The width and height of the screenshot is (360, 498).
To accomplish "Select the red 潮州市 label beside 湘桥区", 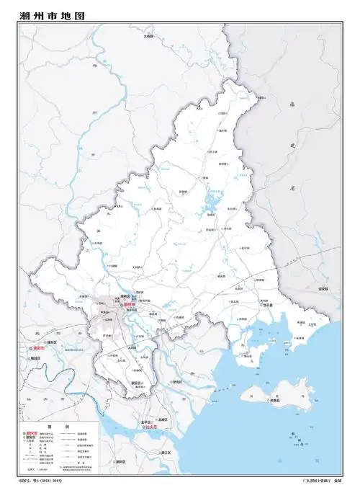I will tap(130, 305).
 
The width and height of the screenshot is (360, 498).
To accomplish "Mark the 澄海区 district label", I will tap(176, 382).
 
